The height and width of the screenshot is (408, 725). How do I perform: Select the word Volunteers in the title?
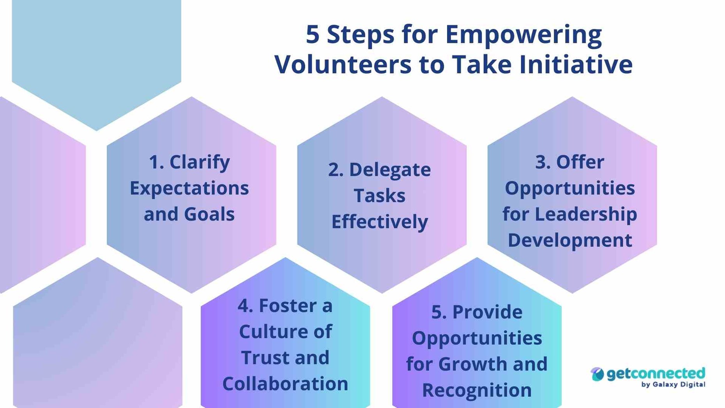pos(343,64)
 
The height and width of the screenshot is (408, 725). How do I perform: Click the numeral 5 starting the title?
pos(313,34)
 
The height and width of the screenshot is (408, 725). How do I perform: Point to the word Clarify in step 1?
pos(200,162)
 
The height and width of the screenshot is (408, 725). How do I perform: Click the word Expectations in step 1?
pos(189,188)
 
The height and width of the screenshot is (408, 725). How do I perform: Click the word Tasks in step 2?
pos(380,196)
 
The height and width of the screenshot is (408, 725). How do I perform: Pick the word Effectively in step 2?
pos(380,222)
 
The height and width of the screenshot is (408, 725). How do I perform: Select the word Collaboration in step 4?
pos(285,384)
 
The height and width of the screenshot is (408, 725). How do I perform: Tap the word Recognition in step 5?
pos(477,390)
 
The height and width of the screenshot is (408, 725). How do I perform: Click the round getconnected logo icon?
pos(597,374)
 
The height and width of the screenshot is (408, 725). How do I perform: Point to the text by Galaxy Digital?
pos(673,385)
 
